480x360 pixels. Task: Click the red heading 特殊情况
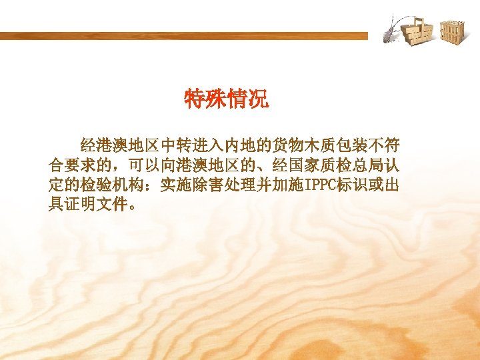click(x=227, y=101)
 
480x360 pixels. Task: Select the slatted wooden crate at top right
click(x=451, y=31)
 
